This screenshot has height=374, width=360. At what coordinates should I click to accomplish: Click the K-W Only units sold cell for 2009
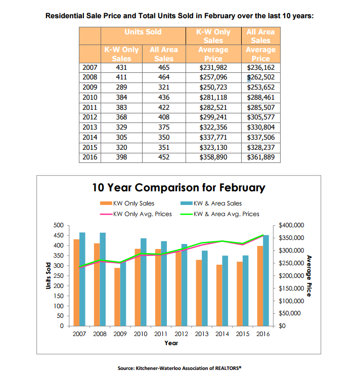[x=121, y=87]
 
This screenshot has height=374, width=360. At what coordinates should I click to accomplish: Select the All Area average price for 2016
[x=261, y=157]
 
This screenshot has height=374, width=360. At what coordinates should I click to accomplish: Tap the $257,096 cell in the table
[x=213, y=77]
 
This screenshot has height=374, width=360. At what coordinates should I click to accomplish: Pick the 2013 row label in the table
[x=90, y=128]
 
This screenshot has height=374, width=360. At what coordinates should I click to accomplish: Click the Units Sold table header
[x=143, y=32]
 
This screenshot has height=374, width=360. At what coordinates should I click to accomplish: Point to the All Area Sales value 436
[x=164, y=97]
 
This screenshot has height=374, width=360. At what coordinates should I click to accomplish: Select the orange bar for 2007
[x=76, y=282]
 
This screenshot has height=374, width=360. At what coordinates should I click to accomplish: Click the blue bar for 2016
[x=266, y=280]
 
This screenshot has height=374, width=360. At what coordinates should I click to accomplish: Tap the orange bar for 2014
[x=219, y=295]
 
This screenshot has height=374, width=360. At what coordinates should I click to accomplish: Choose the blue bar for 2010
[x=144, y=282]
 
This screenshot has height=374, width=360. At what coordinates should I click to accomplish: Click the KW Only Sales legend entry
[x=127, y=203]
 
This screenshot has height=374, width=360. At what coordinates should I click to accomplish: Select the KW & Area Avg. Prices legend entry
[x=219, y=214]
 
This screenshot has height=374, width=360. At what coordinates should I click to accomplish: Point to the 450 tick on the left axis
[x=59, y=235]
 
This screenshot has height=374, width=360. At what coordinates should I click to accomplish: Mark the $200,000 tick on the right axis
[x=291, y=276]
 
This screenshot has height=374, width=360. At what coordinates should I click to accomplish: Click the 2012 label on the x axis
[x=182, y=334]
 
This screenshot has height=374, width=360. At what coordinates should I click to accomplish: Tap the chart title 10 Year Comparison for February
[x=178, y=188]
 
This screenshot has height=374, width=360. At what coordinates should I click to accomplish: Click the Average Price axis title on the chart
[x=309, y=276]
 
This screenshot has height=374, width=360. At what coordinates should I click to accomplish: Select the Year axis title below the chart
[x=171, y=343]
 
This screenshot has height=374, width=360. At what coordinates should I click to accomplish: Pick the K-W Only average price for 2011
[x=213, y=108]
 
